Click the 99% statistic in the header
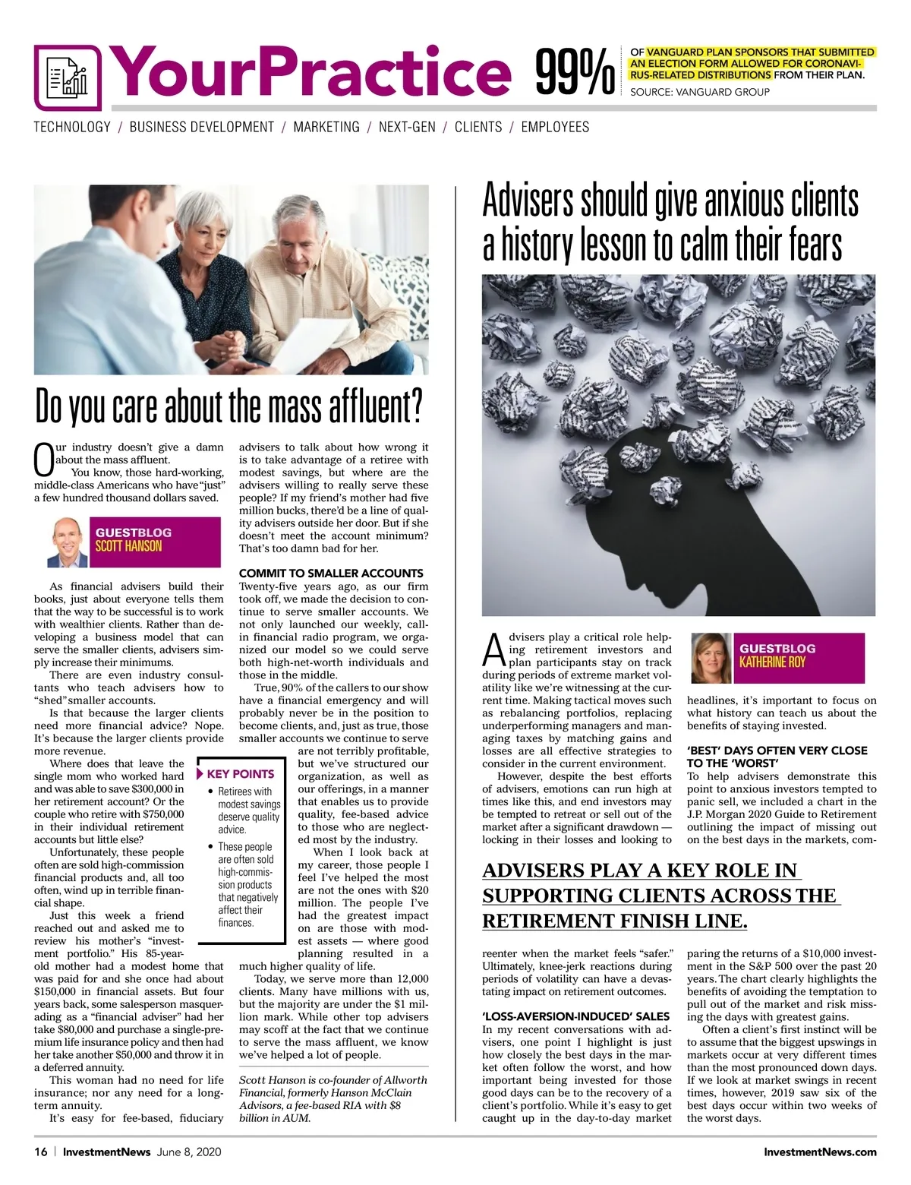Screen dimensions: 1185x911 pos(575,73)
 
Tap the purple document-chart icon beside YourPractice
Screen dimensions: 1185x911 pos(68,77)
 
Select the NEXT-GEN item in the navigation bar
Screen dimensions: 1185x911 pos(407,127)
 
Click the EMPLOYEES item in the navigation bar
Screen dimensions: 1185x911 pos(555,127)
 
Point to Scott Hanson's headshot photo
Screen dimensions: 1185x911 pos(68,542)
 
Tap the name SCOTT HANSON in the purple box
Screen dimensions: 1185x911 pos(128,545)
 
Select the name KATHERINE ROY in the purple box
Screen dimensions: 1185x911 pos(773,662)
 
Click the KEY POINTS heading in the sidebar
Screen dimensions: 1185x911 pos(240,774)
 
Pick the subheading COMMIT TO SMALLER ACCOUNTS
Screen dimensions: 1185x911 pos(331,573)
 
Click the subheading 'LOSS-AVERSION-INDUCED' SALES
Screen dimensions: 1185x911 pos(576,1016)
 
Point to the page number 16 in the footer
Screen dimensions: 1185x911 pos(40,1152)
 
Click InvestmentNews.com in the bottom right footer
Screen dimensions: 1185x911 pos(820,1152)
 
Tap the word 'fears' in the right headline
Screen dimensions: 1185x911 pos(815,245)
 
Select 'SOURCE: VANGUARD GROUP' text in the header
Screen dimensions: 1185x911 pos(700,92)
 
